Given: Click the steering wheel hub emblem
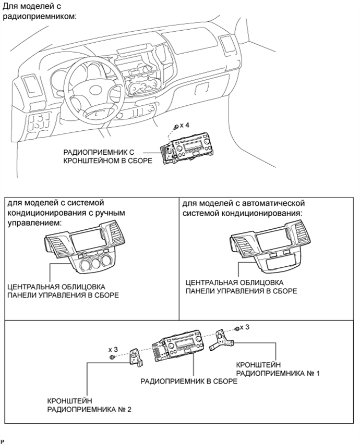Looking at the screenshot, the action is coord(98,91).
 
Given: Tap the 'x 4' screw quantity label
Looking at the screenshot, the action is coord(184,125).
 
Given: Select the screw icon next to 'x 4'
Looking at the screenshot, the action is coord(176,126).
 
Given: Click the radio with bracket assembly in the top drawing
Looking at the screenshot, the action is coord(186,149).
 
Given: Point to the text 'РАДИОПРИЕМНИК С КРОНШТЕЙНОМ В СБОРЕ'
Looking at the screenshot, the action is coord(107,156).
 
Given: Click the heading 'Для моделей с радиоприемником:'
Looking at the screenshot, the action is coord(40,10).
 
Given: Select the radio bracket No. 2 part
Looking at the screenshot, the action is coord(137,358).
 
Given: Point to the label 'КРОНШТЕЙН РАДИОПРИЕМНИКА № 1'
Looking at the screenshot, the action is coord(278,368).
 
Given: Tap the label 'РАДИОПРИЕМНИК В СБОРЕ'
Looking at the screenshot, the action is coord(189,381).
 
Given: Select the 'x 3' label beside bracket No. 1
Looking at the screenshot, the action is coord(244,327).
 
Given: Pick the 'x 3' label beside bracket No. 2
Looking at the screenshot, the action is coord(113,349).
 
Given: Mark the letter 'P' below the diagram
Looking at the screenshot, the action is coord(3,442).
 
